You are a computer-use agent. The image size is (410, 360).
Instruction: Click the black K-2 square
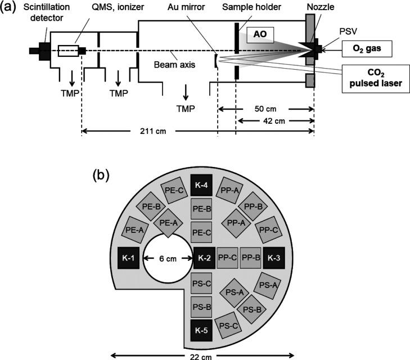point(204,258)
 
